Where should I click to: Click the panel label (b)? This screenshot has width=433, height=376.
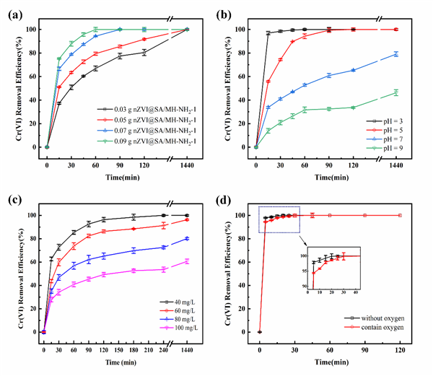[222, 12]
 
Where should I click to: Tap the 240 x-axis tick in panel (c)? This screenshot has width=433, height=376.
[164, 341]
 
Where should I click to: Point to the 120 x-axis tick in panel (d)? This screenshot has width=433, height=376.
[399, 341]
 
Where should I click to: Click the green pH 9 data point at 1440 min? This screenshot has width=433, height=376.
[395, 92]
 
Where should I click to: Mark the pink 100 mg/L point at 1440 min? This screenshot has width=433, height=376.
[186, 261]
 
